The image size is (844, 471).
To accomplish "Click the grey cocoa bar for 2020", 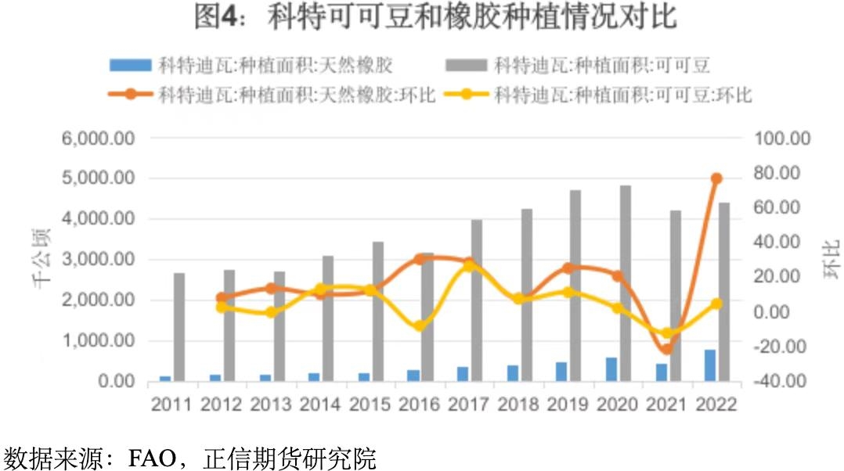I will click(626, 283).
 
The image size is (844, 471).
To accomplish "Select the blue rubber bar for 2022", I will click(710, 365).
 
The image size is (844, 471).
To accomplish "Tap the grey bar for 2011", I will click(179, 327).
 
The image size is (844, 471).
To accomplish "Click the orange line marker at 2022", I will click(716, 178).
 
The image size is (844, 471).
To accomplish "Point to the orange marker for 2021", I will click(666, 349).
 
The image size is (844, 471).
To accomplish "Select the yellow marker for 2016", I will click(419, 325).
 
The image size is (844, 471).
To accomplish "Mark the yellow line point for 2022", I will click(716, 303).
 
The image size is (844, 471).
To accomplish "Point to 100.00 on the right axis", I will click(782, 138).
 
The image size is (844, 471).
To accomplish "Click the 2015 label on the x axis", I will click(370, 404).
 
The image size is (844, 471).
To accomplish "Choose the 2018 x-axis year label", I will click(518, 404).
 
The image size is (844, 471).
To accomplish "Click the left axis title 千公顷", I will click(42, 259).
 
